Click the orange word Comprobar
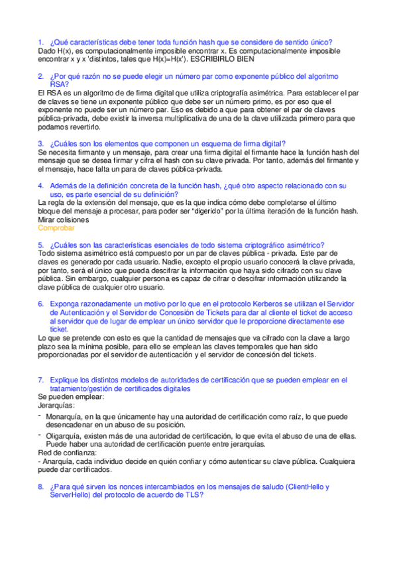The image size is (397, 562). (x=56, y=227)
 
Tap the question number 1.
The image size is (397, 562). (x=40, y=42)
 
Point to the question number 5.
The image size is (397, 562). (x=40, y=245)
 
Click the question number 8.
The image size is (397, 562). (x=40, y=487)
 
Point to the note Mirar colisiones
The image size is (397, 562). (x=64, y=219)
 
